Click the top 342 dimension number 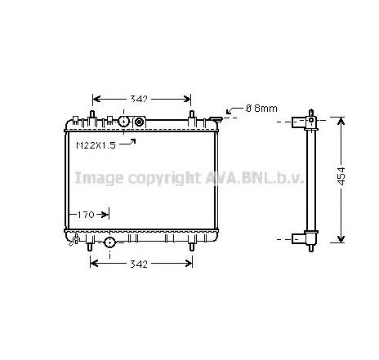coord(139,99)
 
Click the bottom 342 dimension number coord(140,264)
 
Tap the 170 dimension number coord(87,215)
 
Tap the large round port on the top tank coord(124,122)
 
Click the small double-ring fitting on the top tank coord(139,122)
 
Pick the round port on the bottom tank coord(109,242)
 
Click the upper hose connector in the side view coord(309,122)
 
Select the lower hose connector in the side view coord(309,238)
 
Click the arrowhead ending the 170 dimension coord(105,215)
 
